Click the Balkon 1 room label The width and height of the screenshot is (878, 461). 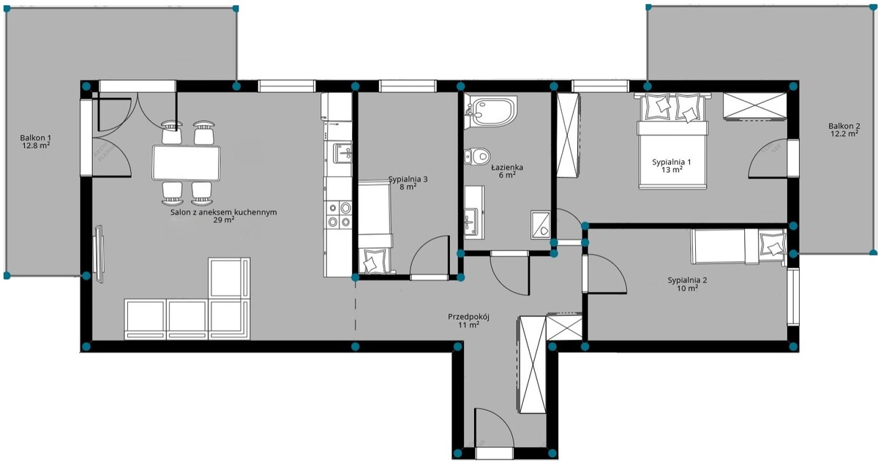[36, 138]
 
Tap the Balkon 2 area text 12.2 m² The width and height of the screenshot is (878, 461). [844, 133]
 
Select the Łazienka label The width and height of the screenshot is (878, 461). [507, 168]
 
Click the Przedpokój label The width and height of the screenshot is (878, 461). [469, 317]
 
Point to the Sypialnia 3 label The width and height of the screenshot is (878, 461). [408, 179]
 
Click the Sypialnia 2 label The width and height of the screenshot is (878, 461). [688, 280]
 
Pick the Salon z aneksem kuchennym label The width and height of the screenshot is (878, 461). [224, 212]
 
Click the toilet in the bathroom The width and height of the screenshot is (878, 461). [477, 156]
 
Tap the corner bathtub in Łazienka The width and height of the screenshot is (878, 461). [490, 111]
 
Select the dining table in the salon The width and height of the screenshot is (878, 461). [186, 162]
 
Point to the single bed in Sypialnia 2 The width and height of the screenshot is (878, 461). [739, 247]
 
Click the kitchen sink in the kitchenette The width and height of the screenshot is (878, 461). [342, 153]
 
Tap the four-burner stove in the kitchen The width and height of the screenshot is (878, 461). [339, 214]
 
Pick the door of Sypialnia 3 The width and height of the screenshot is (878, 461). [429, 256]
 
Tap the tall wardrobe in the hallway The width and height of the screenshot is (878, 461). [532, 364]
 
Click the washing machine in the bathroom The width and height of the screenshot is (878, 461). [541, 225]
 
